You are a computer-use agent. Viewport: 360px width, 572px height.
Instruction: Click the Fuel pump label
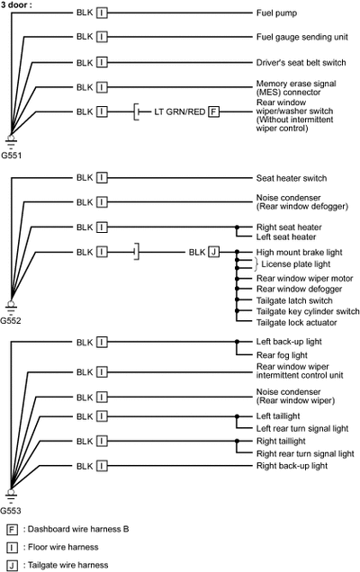pyautogui.click(x=276, y=13)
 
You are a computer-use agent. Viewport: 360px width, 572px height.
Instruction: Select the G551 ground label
pyautogui.click(x=12, y=156)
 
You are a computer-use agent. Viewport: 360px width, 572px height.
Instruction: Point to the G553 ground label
pyautogui.click(x=11, y=510)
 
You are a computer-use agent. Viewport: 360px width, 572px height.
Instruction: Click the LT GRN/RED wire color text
pyautogui.click(x=180, y=112)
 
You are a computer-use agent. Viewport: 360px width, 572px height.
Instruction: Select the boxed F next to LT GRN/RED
pyautogui.click(x=213, y=112)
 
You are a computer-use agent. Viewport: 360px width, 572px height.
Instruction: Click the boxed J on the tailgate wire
pyautogui.click(x=213, y=252)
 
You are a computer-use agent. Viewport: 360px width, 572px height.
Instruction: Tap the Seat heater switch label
pyautogui.click(x=292, y=178)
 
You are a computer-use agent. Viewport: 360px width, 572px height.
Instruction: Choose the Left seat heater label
pyautogui.click(x=286, y=237)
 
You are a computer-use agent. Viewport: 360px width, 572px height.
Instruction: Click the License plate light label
pyautogui.click(x=296, y=264)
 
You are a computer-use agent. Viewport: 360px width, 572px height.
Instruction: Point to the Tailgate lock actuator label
pyautogui.click(x=296, y=323)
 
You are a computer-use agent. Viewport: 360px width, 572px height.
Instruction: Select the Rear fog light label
pyautogui.click(x=282, y=355)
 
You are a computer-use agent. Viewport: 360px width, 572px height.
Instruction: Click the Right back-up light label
pyautogui.click(x=292, y=466)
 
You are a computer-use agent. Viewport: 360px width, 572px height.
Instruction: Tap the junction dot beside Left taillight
pyautogui.click(x=237, y=416)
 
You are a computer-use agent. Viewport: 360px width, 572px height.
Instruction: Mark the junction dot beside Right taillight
pyautogui.click(x=237, y=441)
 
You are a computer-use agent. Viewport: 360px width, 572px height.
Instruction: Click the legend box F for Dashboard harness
pyautogui.click(x=12, y=530)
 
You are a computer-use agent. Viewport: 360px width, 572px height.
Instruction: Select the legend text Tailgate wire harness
pyautogui.click(x=67, y=565)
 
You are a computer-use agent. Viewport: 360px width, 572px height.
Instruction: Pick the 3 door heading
pyautogui.click(x=16, y=4)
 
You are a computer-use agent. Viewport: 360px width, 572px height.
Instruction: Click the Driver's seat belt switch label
pyautogui.click(x=301, y=63)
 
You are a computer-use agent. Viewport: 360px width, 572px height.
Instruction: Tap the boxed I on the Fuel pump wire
pyautogui.click(x=102, y=13)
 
